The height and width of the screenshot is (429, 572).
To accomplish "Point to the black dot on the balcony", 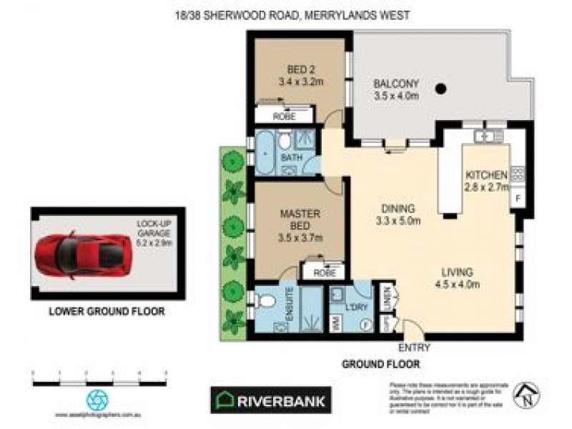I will [441, 89].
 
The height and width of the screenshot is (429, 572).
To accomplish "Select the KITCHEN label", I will [486, 176].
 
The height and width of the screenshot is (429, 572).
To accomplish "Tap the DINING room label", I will [398, 209].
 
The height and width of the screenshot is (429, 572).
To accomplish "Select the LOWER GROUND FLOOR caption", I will [107, 311].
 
